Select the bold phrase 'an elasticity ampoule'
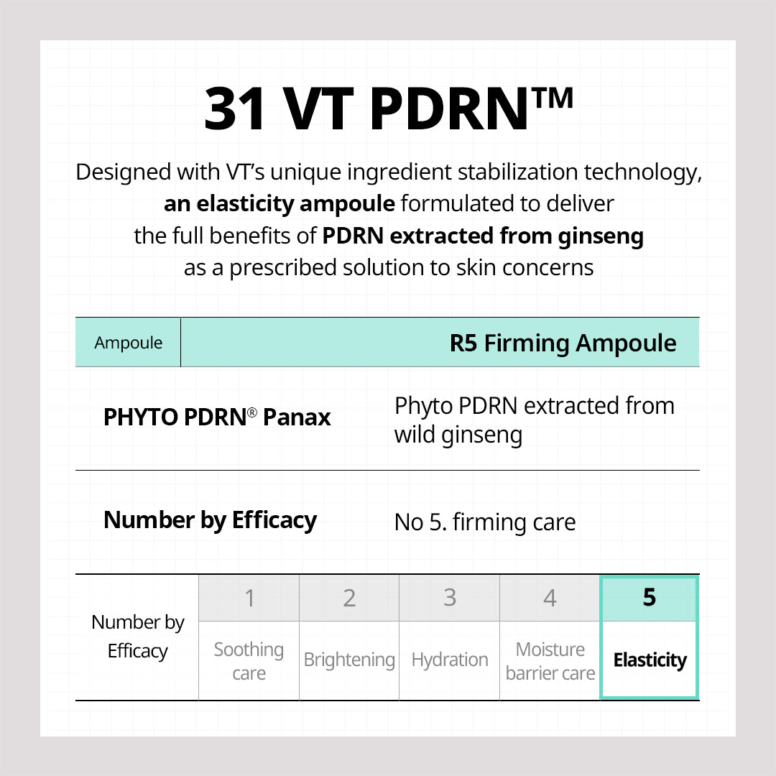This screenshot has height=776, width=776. (x=279, y=204)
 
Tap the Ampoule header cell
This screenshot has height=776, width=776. (x=128, y=343)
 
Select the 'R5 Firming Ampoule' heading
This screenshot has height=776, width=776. (x=563, y=343)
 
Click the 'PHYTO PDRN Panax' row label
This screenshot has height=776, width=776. (x=217, y=417)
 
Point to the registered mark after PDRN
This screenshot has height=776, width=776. (x=251, y=412)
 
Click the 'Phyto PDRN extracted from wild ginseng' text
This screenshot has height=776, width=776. (x=534, y=420)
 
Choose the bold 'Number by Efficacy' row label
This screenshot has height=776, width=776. (x=210, y=520)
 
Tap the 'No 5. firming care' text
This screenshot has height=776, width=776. (x=485, y=522)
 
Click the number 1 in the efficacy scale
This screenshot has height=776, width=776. (x=249, y=598)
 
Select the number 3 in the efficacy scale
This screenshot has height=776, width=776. (x=450, y=598)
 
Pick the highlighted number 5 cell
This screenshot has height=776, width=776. (x=649, y=598)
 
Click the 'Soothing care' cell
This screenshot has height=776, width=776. (x=249, y=661)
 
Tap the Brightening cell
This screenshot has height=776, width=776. (x=349, y=660)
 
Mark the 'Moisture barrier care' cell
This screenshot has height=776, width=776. (x=550, y=661)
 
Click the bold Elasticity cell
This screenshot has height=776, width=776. (x=650, y=660)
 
